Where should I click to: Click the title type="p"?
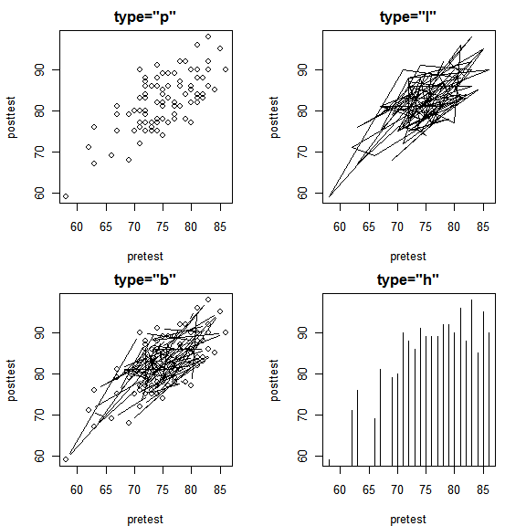point(145,17)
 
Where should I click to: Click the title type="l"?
point(408,17)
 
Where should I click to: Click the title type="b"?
point(145,279)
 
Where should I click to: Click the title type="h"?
point(408,279)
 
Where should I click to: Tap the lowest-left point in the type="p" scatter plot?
point(66,196)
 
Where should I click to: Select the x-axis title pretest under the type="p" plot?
point(145,256)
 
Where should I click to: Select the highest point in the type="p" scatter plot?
point(208,37)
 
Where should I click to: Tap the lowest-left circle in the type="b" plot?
point(66,458)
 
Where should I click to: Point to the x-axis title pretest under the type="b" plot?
point(145,519)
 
